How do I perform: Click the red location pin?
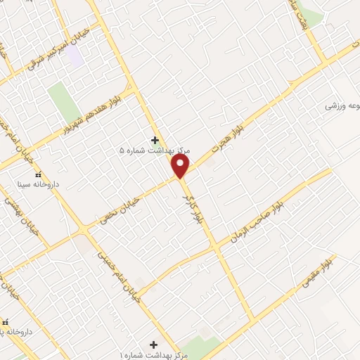181,166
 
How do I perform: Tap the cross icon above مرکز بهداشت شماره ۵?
155,140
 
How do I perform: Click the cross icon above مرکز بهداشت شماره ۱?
153,344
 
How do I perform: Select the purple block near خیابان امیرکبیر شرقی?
75,56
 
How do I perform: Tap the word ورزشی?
335,106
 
